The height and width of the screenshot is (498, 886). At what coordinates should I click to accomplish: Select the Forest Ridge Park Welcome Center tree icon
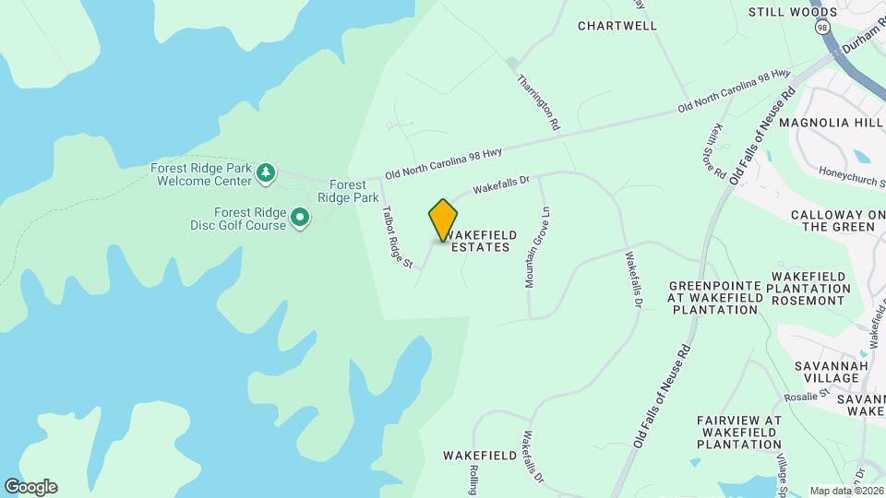[266, 172]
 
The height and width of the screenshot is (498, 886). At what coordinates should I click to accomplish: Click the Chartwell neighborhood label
[617, 26]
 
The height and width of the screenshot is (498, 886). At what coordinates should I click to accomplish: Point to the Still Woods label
[793, 12]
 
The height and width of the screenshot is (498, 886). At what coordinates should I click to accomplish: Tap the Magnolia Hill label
[831, 123]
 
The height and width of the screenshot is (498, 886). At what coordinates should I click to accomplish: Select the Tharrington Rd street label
[539, 101]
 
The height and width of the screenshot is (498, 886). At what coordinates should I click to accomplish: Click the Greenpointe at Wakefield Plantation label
[713, 297]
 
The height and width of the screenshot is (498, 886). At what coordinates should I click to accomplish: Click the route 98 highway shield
[820, 28]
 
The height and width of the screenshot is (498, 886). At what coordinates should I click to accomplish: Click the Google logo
[30, 487]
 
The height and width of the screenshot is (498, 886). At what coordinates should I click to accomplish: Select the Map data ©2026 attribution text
[845, 491]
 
